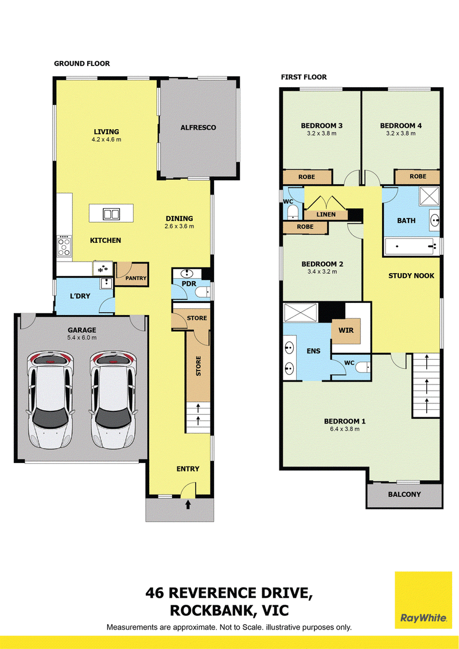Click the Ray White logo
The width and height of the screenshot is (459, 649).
tap(423, 600)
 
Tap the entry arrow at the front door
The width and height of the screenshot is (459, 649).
tap(188, 504)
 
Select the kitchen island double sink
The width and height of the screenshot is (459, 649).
tap(111, 214)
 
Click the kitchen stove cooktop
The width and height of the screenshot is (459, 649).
tap(64, 246)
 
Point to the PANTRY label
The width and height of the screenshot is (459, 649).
tap(136, 278)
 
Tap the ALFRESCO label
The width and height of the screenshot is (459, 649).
tap(199, 127)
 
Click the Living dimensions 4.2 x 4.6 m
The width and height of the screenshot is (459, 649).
tap(106, 139)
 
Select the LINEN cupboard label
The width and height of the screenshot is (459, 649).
tap(326, 215)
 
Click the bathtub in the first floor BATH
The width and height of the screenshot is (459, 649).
tap(412, 246)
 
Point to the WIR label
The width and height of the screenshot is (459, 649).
tap(346, 331)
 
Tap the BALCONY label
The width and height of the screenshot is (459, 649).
tap(404, 494)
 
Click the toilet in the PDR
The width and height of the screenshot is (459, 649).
tap(203, 292)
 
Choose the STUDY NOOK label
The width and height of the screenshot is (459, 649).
tap(411, 275)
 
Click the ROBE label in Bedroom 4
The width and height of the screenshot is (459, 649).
tap(418, 176)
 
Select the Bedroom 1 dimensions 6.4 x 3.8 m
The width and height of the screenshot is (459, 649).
tap(345, 429)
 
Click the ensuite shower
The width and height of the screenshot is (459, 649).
tap(301, 312)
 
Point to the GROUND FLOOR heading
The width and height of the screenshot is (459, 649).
tap(82, 63)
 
